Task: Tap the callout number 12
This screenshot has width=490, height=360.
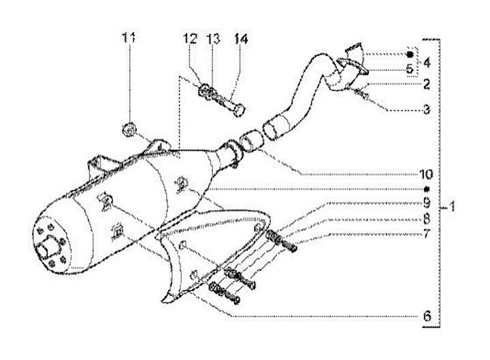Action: point(191,39)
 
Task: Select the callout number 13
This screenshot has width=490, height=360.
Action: point(213,39)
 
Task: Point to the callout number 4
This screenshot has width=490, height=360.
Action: point(427,63)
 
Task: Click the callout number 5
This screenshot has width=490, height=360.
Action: point(410,69)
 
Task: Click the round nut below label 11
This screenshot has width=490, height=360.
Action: point(127,129)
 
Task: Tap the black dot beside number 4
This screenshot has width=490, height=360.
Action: point(410,54)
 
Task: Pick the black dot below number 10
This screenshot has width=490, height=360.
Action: point(427,189)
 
